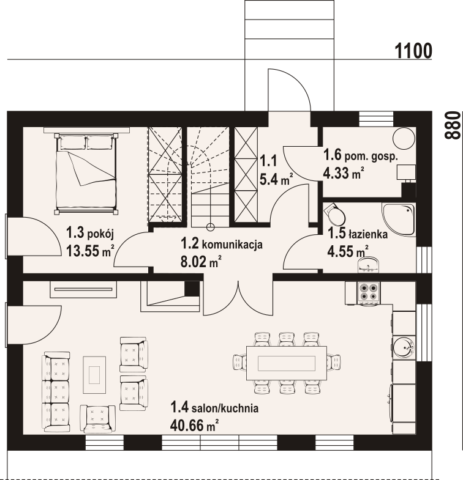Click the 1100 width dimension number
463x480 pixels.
(x=413, y=51)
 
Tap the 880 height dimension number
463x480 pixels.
(x=453, y=125)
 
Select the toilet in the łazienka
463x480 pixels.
(x=336, y=213)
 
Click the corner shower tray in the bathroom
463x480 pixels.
(x=399, y=218)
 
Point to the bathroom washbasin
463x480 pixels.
(x=369, y=265)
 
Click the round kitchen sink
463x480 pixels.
(x=404, y=347)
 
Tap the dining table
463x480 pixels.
(x=287, y=363)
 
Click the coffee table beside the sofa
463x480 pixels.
(x=94, y=375)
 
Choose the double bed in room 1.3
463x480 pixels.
(x=86, y=172)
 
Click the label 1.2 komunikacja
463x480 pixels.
(x=221, y=244)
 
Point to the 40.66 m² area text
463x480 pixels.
(x=194, y=425)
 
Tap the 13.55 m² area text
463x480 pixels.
(x=90, y=251)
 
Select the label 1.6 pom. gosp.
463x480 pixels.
(x=361, y=155)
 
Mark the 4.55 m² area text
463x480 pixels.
(x=348, y=252)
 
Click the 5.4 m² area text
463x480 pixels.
(x=276, y=179)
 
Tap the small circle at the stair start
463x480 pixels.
(x=210, y=227)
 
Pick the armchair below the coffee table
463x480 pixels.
(x=98, y=419)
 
